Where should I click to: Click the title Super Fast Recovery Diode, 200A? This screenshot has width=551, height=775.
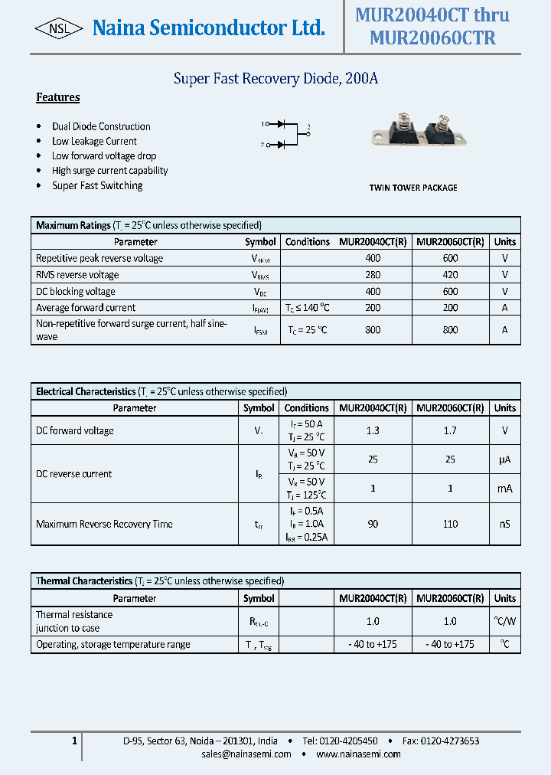pos(275,78)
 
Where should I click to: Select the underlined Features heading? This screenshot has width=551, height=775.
pos(58,97)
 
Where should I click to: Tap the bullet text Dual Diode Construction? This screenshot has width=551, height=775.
pos(101,126)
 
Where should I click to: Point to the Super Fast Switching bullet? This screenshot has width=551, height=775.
pos(97,185)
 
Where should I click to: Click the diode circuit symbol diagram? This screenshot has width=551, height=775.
pos(285,133)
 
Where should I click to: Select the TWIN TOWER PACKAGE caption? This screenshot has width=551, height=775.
pos(413,188)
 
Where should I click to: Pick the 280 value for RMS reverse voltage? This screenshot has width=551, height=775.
pos(373,275)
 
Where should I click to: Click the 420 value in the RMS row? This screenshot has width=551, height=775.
pos(450,275)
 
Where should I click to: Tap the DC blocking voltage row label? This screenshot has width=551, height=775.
pos(76,291)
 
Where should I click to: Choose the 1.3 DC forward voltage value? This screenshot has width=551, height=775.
pos(373,430)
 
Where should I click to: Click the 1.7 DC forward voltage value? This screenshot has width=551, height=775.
pos(450,430)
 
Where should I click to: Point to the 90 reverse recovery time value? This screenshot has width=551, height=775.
pos(373,524)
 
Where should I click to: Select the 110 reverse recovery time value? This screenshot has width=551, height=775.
pos(450,524)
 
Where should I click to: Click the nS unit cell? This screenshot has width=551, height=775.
pos(504,524)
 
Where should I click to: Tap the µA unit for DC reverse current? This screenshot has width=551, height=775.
pos(504,459)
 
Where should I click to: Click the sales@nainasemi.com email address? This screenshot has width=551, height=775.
pos(246,754)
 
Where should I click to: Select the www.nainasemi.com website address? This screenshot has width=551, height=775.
pos(358,754)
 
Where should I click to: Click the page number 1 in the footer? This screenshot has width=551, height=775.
pos(74,741)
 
